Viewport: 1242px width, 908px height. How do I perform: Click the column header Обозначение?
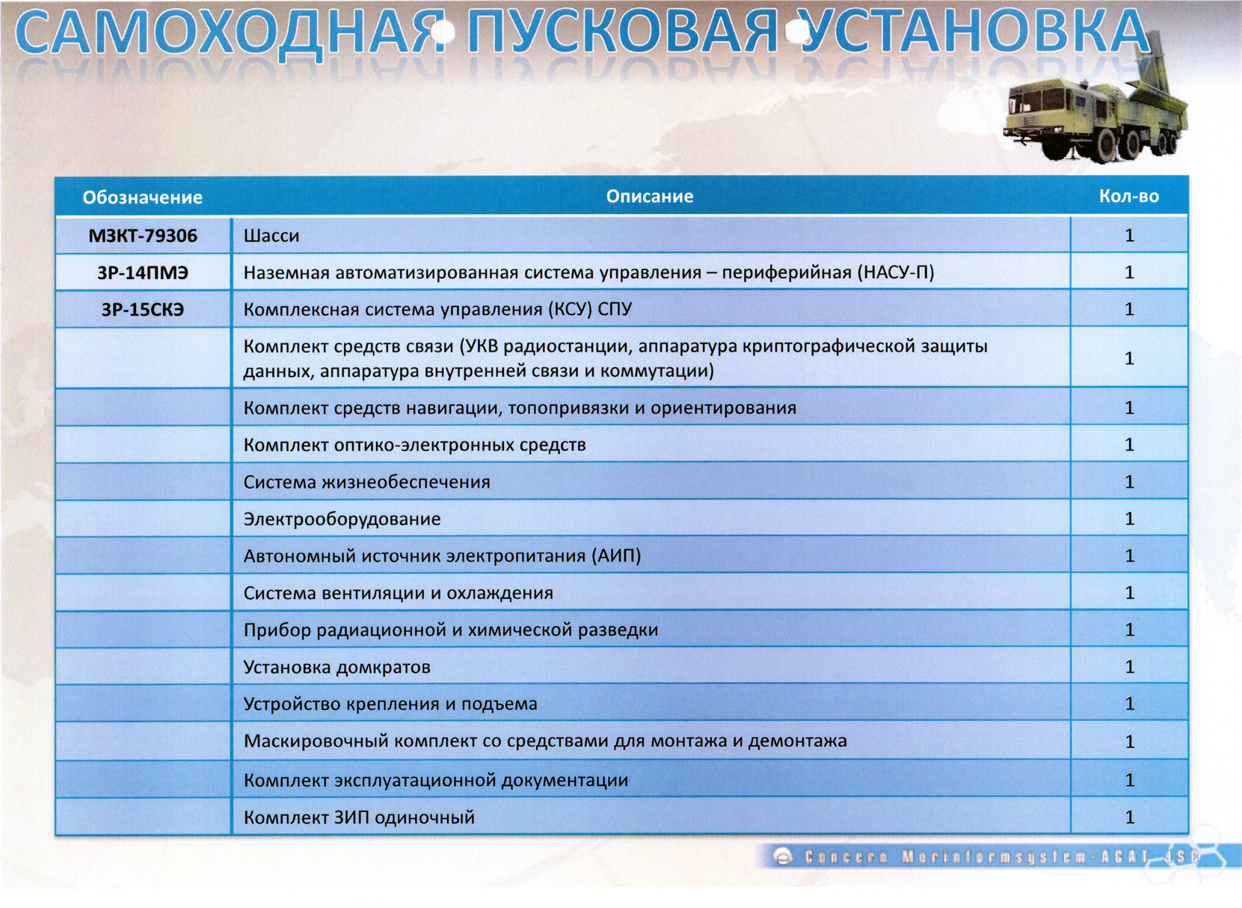click(x=143, y=197)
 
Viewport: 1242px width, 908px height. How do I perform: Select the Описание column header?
click(x=649, y=196)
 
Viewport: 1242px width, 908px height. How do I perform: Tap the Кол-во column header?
click(x=1129, y=196)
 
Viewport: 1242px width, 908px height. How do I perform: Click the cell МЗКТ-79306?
click(x=143, y=236)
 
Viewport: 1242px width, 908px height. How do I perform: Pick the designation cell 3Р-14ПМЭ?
click(x=143, y=272)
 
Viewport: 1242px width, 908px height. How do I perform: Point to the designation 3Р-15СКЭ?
click(x=143, y=309)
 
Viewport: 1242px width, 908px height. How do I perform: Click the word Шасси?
click(x=271, y=236)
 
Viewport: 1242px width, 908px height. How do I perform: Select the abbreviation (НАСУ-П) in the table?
click(x=896, y=272)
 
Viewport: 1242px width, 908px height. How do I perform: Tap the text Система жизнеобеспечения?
click(x=367, y=482)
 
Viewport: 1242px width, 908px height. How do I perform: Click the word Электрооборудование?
click(x=342, y=518)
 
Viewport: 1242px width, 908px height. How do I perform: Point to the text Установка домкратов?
click(x=337, y=666)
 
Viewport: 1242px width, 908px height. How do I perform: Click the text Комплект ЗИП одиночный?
click(x=360, y=817)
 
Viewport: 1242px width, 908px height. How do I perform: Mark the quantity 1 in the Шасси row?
click(x=1129, y=235)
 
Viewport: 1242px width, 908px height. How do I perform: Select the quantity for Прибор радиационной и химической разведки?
click(x=1129, y=630)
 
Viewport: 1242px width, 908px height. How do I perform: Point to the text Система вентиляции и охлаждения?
click(x=399, y=593)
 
